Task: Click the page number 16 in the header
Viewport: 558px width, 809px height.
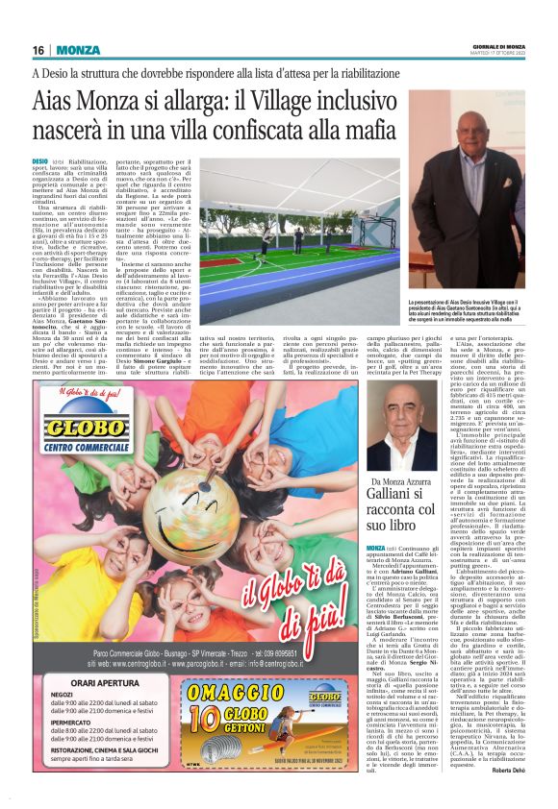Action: pyautogui.click(x=38, y=51)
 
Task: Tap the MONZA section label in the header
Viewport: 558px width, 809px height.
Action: pyautogui.click(x=78, y=51)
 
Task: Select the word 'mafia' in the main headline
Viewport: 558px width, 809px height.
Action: pyautogui.click(x=426, y=134)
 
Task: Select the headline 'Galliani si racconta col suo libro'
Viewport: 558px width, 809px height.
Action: pyautogui.click(x=407, y=509)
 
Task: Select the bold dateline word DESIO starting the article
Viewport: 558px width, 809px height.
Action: pyautogui.click(x=40, y=161)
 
